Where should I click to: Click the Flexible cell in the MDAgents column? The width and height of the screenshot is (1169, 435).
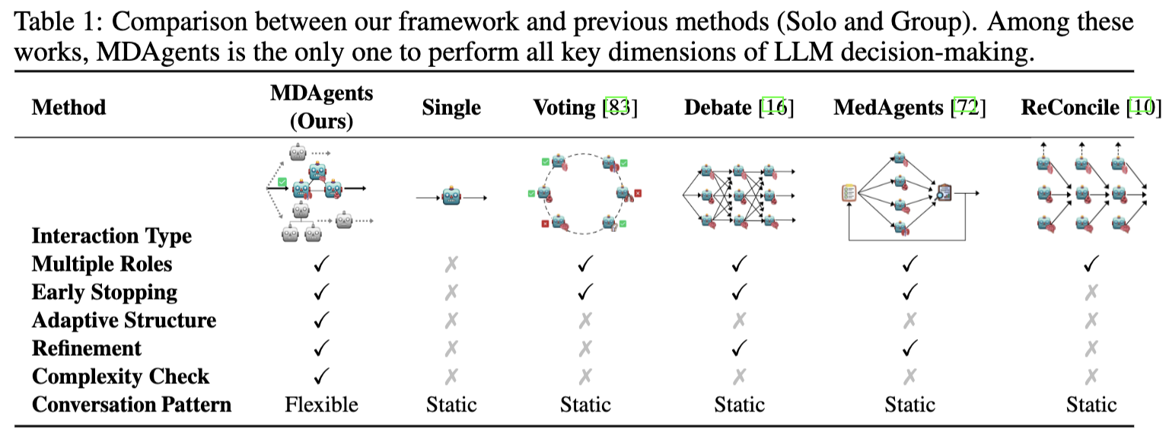tap(321, 405)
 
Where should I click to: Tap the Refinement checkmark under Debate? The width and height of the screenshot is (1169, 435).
tap(739, 348)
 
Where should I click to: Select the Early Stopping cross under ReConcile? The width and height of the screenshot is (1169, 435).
tap(1091, 292)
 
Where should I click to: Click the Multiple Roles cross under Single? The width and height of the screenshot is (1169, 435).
tap(451, 264)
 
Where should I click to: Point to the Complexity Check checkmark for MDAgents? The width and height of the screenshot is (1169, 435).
tap(321, 376)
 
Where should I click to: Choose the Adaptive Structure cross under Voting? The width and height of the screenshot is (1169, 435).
tap(585, 320)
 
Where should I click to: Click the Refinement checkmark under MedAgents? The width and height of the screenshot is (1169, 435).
tap(909, 348)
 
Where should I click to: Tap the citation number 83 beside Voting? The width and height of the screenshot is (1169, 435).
tap(620, 107)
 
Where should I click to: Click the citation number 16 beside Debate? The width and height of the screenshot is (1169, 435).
tap(776, 107)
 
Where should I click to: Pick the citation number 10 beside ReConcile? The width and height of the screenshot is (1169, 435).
tap(1143, 107)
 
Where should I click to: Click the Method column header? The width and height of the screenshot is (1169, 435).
tap(69, 107)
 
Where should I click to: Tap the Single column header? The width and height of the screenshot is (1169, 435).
tap(451, 107)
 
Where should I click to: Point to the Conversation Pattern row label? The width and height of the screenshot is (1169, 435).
tap(132, 405)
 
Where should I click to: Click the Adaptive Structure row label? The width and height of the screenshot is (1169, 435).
tap(124, 320)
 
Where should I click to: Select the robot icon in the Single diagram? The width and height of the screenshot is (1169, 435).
tap(451, 197)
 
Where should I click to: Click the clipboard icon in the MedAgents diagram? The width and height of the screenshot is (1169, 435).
tap(849, 193)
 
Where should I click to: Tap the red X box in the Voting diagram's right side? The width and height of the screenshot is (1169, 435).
tap(638, 193)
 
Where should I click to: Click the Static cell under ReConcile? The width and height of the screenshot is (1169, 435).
tap(1091, 405)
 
